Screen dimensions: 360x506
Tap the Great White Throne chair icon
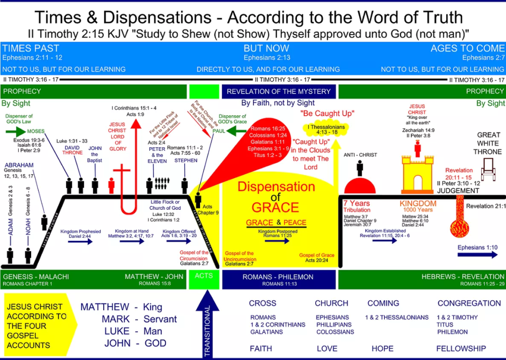488,168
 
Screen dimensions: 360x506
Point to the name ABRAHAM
18,165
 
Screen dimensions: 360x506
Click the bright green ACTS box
203,280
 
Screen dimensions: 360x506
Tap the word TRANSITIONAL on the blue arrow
208,331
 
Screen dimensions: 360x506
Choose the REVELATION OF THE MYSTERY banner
279,91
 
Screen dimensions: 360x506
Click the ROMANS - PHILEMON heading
278,277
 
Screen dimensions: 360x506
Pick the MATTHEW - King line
128,307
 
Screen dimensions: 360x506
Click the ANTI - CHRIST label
360,155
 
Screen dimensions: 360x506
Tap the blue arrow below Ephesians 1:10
477,255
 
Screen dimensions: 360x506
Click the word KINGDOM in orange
418,203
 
